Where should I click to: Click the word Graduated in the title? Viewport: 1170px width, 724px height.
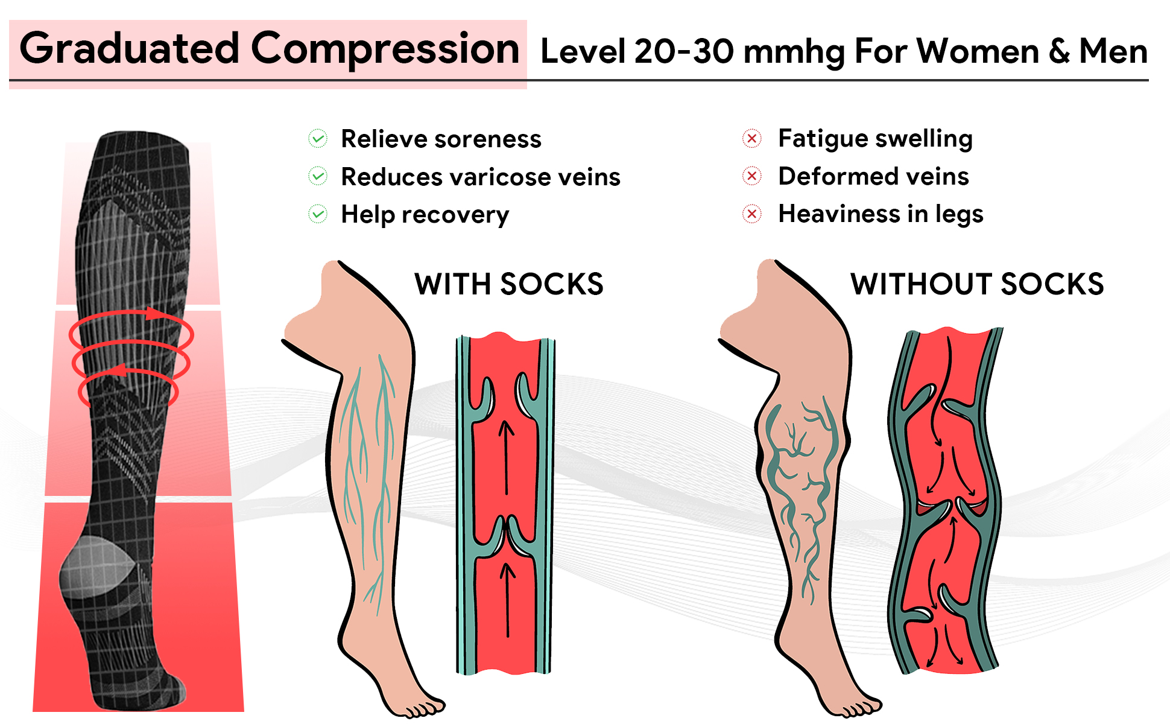tap(130, 49)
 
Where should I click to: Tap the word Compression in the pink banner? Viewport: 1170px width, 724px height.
tap(385, 49)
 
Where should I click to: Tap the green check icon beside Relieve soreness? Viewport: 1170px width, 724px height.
tap(318, 139)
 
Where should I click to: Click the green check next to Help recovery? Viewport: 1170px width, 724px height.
tap(318, 214)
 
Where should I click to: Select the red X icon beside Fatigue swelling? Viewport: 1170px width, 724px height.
tap(752, 139)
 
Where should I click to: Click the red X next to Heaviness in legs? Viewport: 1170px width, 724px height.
tap(752, 214)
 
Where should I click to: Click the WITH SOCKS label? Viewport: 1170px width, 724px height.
tap(508, 284)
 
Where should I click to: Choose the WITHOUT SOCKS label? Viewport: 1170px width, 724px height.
tap(977, 284)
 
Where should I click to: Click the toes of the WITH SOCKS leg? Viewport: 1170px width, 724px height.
tap(425, 708)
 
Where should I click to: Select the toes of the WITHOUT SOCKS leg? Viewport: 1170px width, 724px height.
tap(861, 708)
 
